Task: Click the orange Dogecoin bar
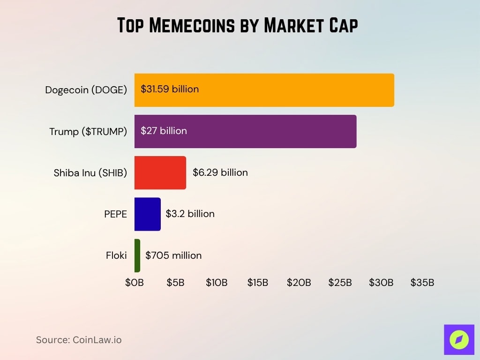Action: coord(281,90)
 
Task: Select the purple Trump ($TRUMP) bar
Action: coord(262,131)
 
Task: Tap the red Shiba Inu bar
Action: coord(160,172)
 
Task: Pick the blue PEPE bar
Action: coord(147,214)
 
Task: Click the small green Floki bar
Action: coord(137,255)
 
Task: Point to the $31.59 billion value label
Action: coord(170,89)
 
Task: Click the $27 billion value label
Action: coord(164,131)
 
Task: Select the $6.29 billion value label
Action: coord(220,172)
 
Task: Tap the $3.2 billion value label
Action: coord(190,214)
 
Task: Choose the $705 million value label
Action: coord(173,255)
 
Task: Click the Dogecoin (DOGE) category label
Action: coord(86,90)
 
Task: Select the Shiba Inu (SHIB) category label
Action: coord(90,173)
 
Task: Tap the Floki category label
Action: coord(116,256)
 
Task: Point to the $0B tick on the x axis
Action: coord(134,283)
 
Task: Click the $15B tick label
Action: coord(258,283)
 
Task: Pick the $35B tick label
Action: coord(422,283)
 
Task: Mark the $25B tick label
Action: coord(340,283)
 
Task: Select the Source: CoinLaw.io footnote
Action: coord(79,340)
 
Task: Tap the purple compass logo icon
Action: coord(459,339)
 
